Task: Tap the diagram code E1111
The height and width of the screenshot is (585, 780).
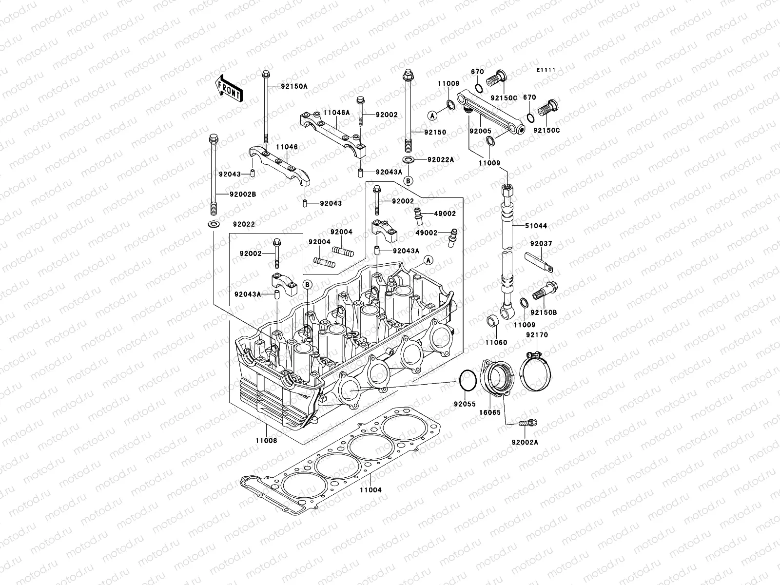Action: pos(546,70)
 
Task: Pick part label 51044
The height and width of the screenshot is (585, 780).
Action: pos(536,226)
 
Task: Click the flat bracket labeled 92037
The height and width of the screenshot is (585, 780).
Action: pos(540,261)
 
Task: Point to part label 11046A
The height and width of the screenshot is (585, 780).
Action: pos(337,113)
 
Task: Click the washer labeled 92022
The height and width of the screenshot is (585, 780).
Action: pos(214,224)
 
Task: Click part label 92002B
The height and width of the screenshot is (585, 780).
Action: pos(243,194)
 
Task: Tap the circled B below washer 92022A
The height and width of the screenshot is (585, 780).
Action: pos(409,180)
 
